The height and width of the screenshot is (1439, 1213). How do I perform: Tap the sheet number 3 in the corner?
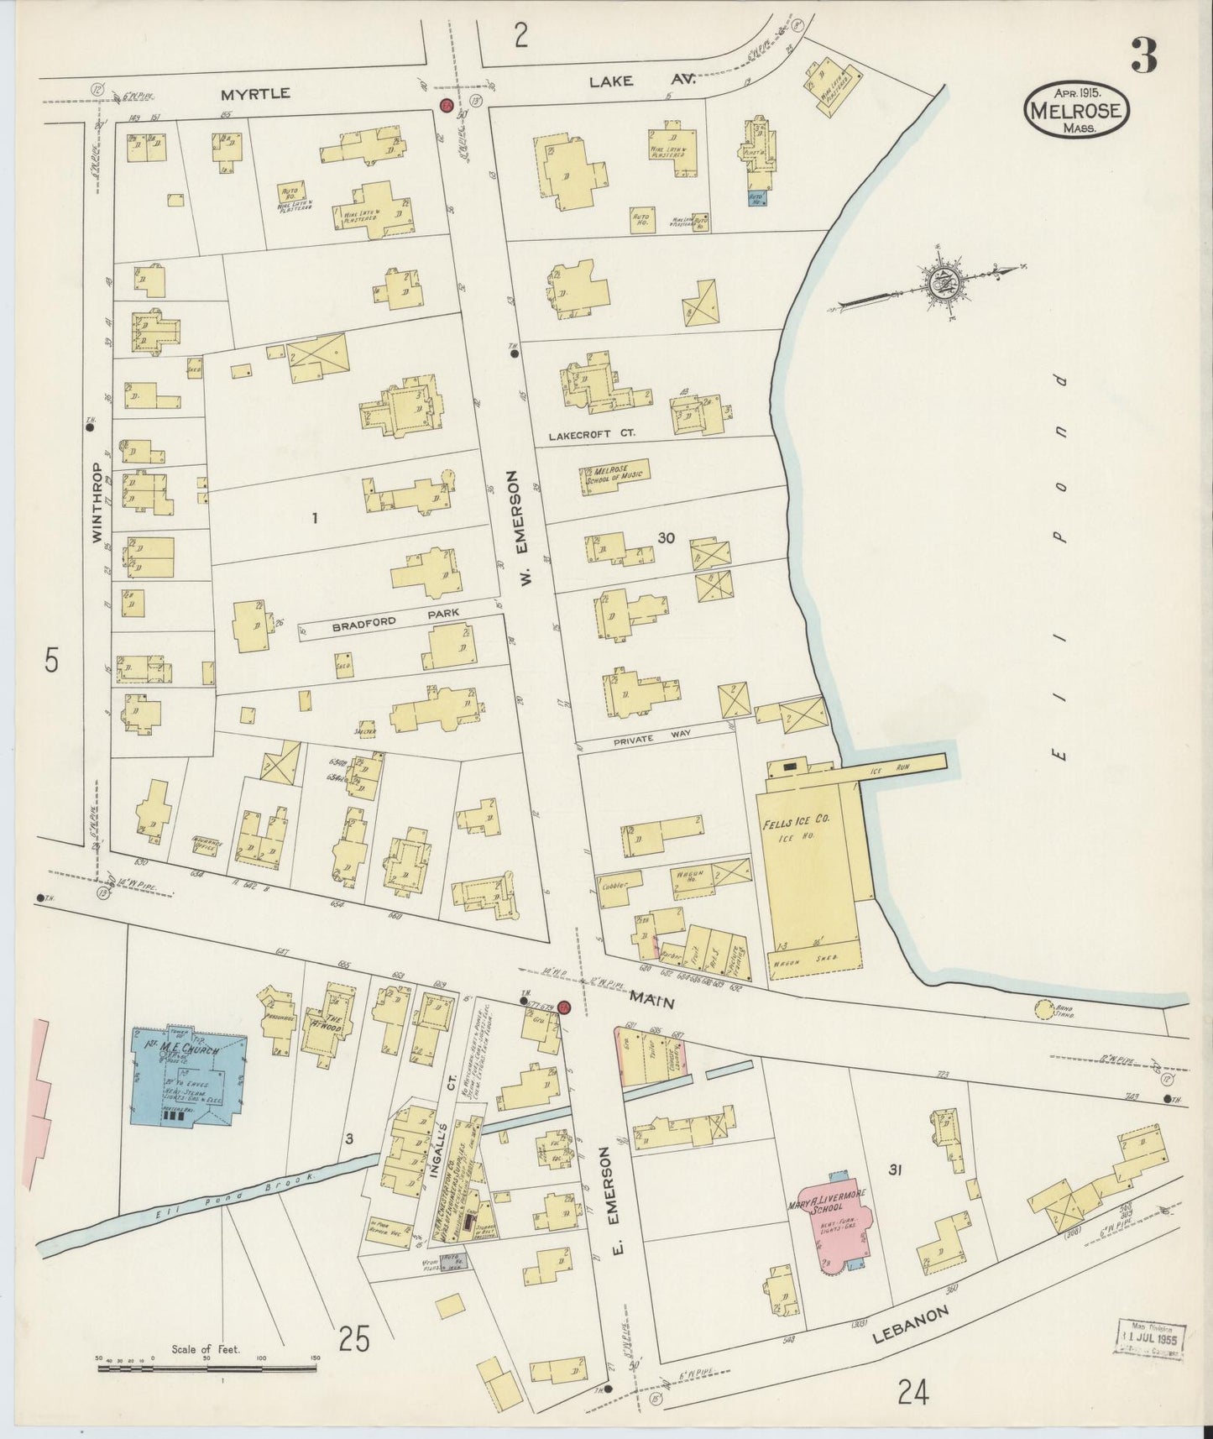[x=1144, y=55]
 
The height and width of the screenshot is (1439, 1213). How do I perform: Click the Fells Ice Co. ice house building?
[x=810, y=865]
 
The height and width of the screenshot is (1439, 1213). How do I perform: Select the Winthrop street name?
[x=97, y=501]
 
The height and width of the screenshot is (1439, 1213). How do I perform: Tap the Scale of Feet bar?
[x=207, y=1368]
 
